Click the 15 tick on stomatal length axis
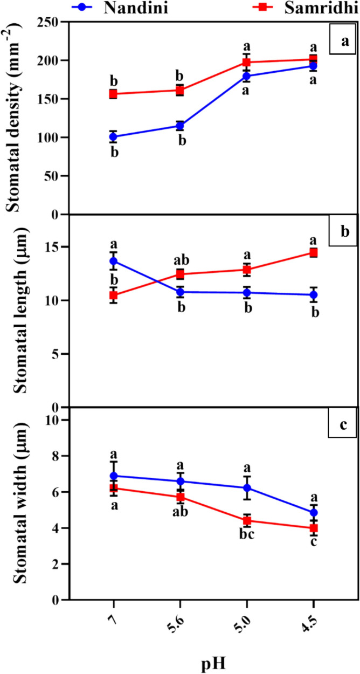[53, 247]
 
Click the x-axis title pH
[212, 661]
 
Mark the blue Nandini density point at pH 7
[113, 137]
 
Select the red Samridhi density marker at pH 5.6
[180, 90]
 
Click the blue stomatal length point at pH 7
[113, 261]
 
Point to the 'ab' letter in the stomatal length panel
[179, 260]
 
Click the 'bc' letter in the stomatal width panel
[247, 538]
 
